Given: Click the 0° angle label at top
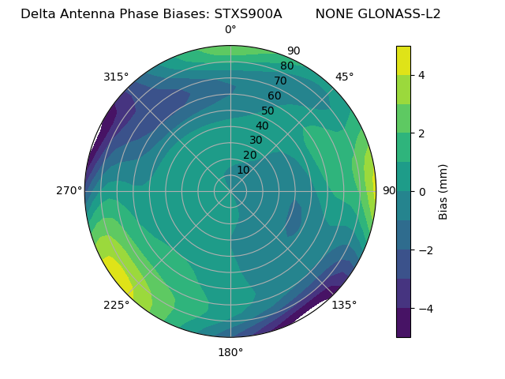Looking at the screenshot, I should (230, 30).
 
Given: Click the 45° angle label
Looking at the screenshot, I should (345, 77).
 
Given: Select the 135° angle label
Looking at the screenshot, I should (344, 305).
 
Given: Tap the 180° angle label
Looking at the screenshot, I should (230, 352).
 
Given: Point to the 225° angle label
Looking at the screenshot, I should (116, 306).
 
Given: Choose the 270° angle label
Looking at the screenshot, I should (70, 190).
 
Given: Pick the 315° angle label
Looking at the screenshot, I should (116, 77).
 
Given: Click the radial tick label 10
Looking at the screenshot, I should (243, 170).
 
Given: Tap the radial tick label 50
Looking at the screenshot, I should (268, 111).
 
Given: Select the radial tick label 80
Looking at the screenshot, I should (287, 66).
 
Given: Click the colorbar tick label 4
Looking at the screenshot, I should (422, 75).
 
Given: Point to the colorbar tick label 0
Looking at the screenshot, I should (422, 191).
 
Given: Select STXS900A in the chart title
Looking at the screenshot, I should (248, 13).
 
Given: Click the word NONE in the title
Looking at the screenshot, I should (334, 13).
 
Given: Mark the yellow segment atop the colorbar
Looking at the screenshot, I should (403, 60).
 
